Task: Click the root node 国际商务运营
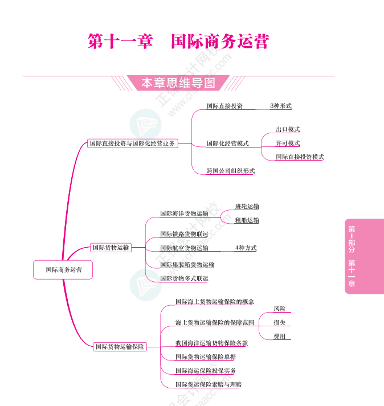[63, 270]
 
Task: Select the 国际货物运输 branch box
[111, 247]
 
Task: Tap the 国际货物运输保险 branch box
[120, 346]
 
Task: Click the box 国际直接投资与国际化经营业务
[132, 143]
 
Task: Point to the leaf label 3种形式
[280, 106]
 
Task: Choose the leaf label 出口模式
[288, 130]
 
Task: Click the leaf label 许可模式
[288, 143]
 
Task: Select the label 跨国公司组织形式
[230, 171]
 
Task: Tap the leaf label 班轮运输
[247, 207]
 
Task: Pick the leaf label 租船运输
[247, 220]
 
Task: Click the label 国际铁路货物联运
[184, 234]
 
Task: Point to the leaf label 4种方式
[246, 248]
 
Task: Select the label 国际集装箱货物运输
[187, 265]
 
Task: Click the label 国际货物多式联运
[184, 278]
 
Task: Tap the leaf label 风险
[279, 309]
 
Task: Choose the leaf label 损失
[279, 322]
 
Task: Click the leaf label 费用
[279, 337]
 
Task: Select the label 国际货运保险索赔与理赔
[209, 385]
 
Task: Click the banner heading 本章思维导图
[178, 83]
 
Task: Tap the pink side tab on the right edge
[363, 256]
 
